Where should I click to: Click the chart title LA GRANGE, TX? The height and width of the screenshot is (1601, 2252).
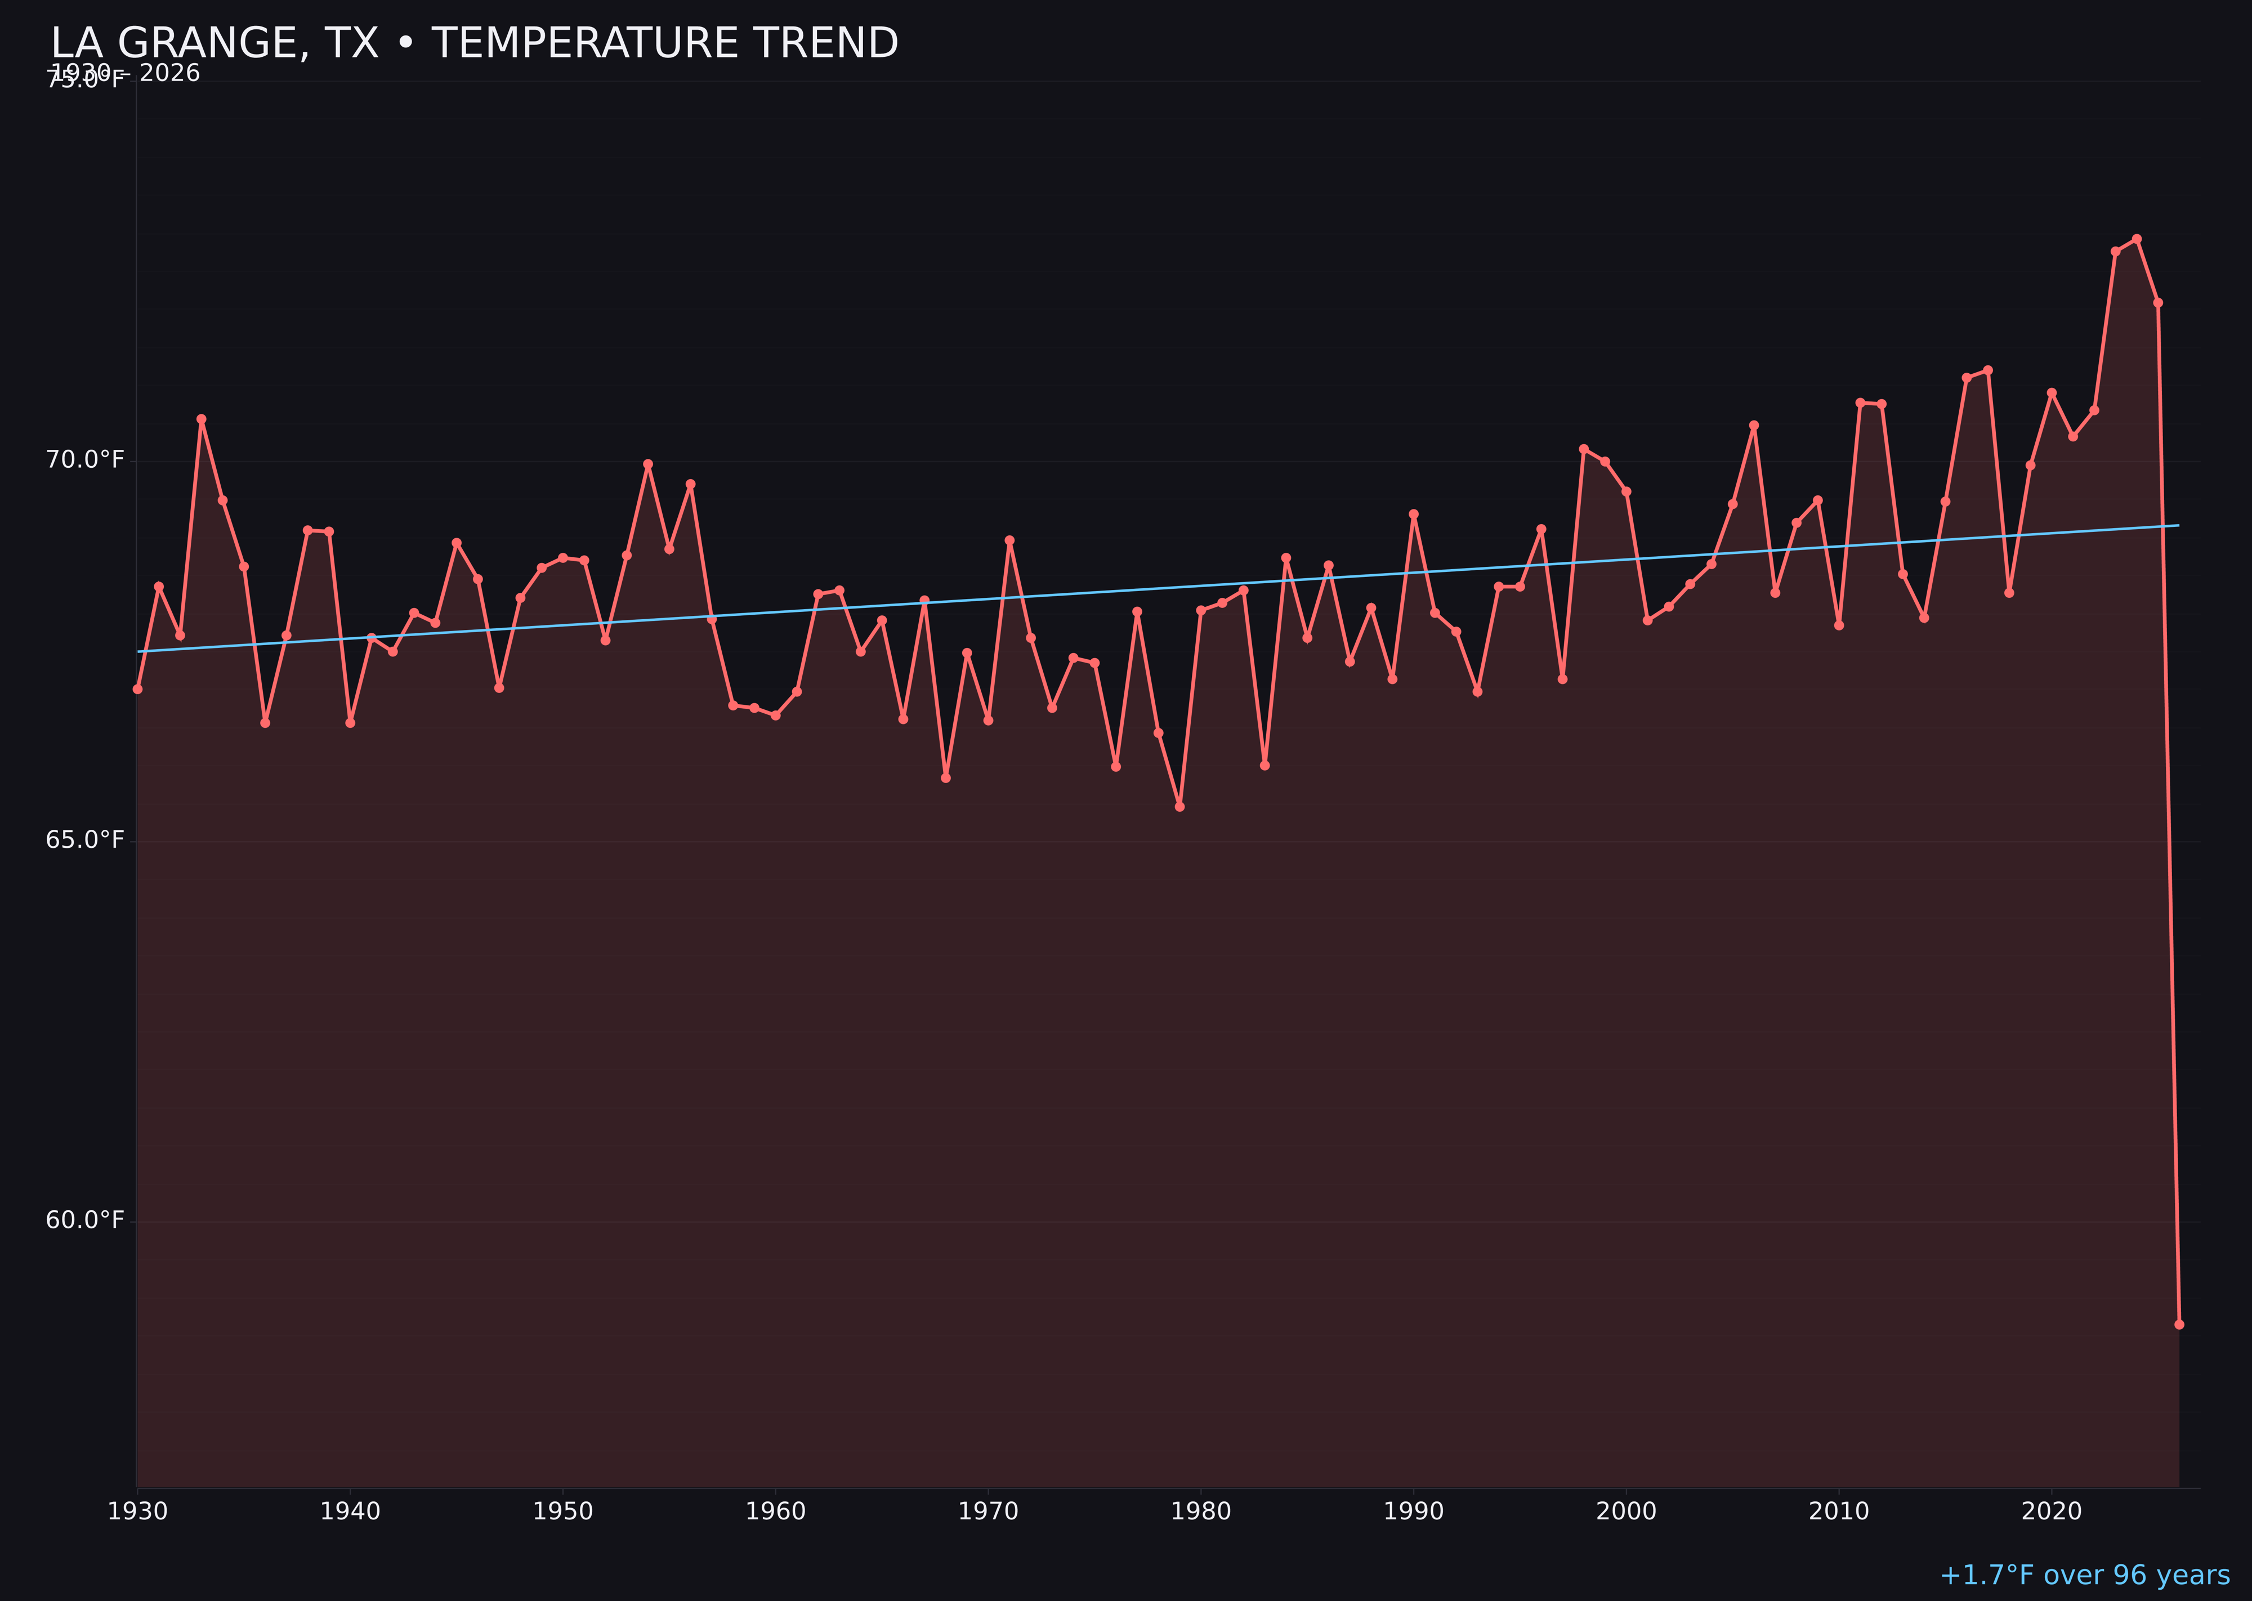click(473, 43)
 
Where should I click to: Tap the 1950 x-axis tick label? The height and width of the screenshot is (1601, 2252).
click(563, 1511)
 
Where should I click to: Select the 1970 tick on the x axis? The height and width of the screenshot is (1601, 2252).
click(988, 1511)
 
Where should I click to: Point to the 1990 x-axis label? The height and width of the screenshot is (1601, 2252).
click(1414, 1511)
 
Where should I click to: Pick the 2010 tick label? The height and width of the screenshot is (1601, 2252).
click(1839, 1511)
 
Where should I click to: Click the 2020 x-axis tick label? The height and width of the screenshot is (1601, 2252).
click(2052, 1511)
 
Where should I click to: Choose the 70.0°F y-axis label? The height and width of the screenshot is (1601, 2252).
click(85, 460)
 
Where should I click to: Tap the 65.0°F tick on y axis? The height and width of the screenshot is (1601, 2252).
click(85, 840)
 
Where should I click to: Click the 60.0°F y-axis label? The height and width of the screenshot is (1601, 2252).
click(85, 1220)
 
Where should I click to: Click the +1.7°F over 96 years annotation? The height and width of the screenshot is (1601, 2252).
click(2084, 1575)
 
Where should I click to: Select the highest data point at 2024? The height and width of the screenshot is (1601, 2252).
click(2137, 239)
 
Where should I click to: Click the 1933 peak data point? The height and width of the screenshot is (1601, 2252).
click(201, 419)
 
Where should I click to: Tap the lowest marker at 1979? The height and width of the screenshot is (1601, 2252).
click(1179, 807)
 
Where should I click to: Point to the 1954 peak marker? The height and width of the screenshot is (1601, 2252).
click(648, 463)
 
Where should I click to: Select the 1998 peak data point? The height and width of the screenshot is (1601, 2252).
click(1584, 449)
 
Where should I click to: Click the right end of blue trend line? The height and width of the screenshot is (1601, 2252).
click(2178, 525)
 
